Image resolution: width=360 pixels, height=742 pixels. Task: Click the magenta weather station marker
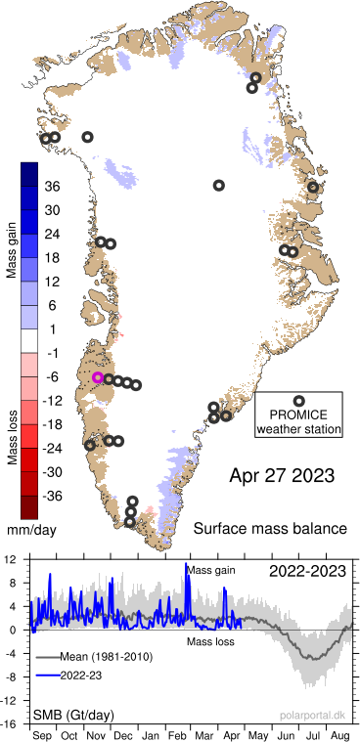[98, 377]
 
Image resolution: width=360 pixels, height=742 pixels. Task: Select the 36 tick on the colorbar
[53, 186]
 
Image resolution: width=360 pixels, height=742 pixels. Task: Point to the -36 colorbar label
[51, 496]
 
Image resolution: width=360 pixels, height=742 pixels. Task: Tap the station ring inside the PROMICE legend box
[298, 400]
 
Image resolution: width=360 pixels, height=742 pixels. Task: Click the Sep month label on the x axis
[44, 733]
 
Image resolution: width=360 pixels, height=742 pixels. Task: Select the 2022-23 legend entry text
[93, 675]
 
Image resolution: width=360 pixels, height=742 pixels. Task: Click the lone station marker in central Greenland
[219, 185]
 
